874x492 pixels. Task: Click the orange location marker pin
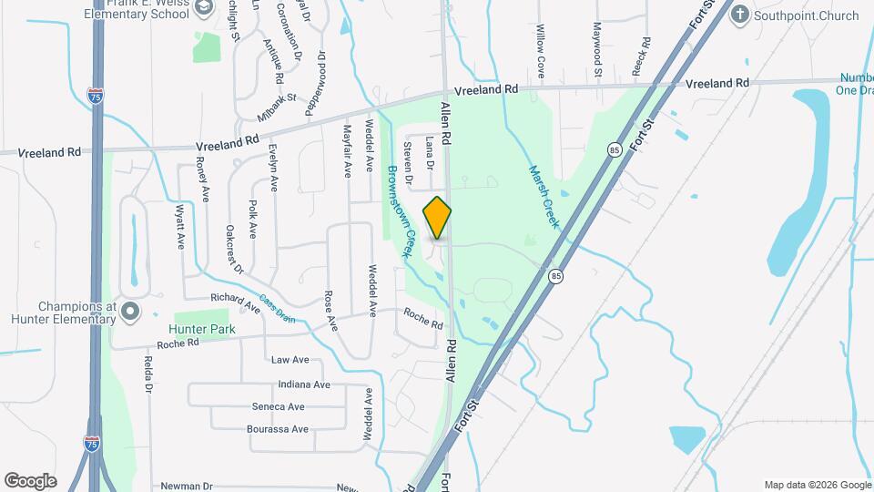coord(438,218)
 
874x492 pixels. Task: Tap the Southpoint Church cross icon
coord(740,15)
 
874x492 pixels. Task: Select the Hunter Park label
coord(201,329)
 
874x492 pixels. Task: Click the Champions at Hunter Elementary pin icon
coord(130,312)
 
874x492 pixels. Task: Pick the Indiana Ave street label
coord(304,384)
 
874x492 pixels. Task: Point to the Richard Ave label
coord(235,302)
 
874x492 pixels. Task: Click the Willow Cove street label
coord(540,50)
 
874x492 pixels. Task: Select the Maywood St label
coord(597,49)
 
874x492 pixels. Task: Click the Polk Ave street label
coord(253,222)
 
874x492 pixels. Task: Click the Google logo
coord(30,481)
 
